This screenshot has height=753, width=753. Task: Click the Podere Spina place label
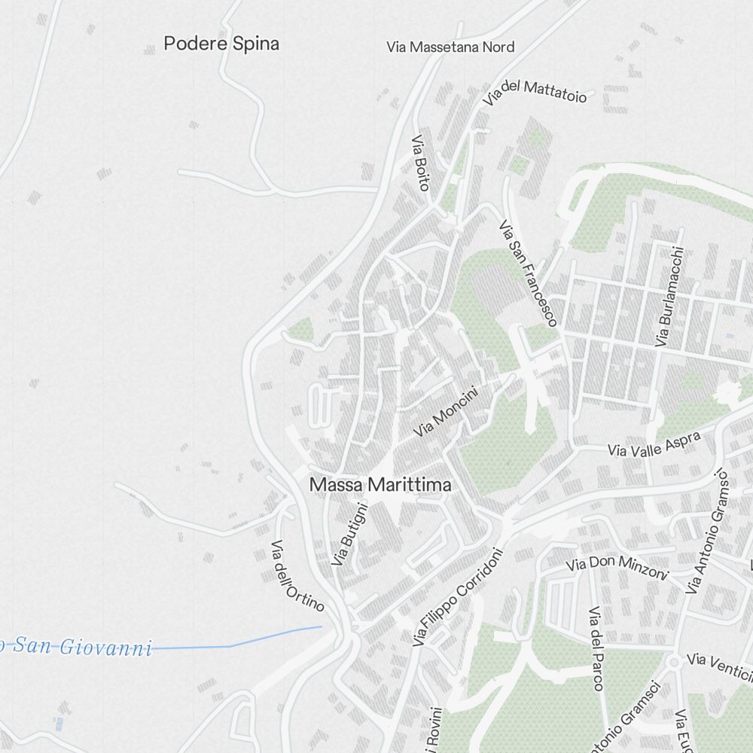pos(221,44)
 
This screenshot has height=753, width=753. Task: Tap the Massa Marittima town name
pos(380,486)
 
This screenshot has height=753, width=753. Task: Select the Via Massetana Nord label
pos(450,47)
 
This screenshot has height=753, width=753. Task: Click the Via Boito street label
pos(419,163)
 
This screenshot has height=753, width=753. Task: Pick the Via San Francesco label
pos(528,273)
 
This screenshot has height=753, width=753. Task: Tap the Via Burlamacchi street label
pos(669,297)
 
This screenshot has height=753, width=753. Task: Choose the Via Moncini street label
pos(447,412)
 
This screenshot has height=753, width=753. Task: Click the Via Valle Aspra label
pos(654,444)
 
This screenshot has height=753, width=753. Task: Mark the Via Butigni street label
pos(350,535)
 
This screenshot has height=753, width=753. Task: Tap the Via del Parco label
pos(596,648)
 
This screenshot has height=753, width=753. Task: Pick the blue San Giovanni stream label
pos(75,646)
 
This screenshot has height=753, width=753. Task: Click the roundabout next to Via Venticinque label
pos(674,662)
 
